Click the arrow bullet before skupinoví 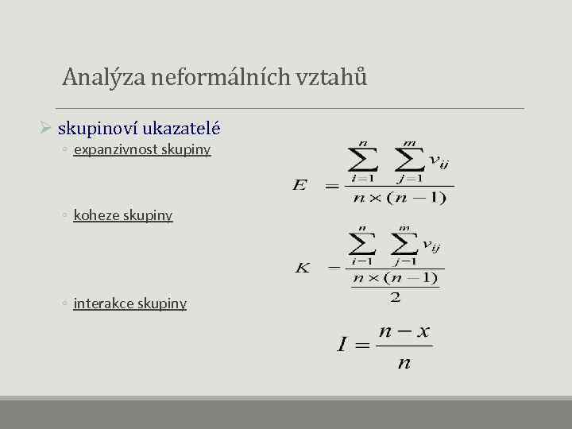click(46, 127)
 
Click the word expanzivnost click(117, 149)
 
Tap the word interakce click(103, 303)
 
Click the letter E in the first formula click(300, 185)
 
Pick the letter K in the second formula click(302, 268)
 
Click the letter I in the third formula click(342, 345)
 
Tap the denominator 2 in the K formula click(395, 297)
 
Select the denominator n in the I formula click(404, 363)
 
